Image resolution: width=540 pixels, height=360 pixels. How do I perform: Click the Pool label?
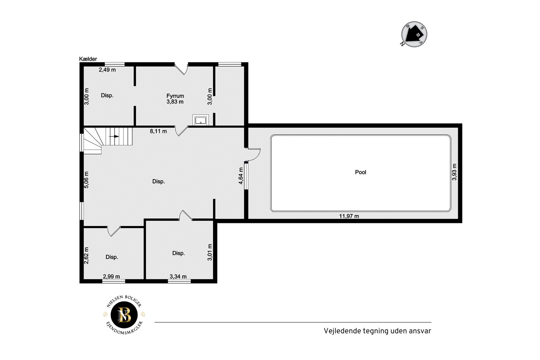361,172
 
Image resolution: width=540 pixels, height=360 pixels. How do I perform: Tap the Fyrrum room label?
175,96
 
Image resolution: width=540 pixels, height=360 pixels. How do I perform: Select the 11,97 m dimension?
349,216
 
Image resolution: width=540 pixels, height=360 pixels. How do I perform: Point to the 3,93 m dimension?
454,172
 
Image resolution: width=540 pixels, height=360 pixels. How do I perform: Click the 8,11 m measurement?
158,131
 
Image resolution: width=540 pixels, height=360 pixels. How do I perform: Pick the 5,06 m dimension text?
87,180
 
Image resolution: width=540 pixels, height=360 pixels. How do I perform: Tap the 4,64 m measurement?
241,176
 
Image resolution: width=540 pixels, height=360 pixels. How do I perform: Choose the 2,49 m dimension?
107,70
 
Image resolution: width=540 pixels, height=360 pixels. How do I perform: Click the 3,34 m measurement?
178,276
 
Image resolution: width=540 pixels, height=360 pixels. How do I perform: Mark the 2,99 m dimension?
111,276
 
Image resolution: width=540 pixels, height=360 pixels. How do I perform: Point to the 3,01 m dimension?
210,252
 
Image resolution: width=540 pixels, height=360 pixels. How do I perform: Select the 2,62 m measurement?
87,255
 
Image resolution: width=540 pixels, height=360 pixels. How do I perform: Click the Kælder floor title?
88,59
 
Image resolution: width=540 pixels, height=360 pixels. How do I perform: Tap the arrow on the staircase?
114,136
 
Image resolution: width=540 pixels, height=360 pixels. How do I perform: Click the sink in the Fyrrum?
200,120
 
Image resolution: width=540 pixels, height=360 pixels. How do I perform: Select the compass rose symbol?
414,34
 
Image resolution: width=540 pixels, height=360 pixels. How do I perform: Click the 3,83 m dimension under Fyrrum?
175,102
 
